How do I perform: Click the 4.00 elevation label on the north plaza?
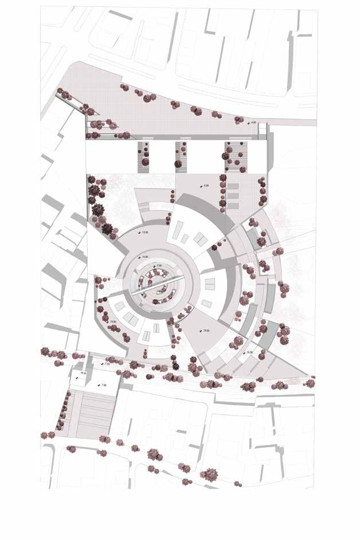click(x=253, y=123)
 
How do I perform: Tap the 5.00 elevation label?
click(x=208, y=186)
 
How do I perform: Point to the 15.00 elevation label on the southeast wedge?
click(x=206, y=331)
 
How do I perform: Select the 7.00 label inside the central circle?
click(x=160, y=265)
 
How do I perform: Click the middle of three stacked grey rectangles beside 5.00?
click(x=232, y=195)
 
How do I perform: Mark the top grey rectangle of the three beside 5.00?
click(x=232, y=186)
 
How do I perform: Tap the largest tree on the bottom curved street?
click(x=153, y=453)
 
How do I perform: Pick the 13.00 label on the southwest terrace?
click(x=113, y=322)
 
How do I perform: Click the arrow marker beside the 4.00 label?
click(x=248, y=123)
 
